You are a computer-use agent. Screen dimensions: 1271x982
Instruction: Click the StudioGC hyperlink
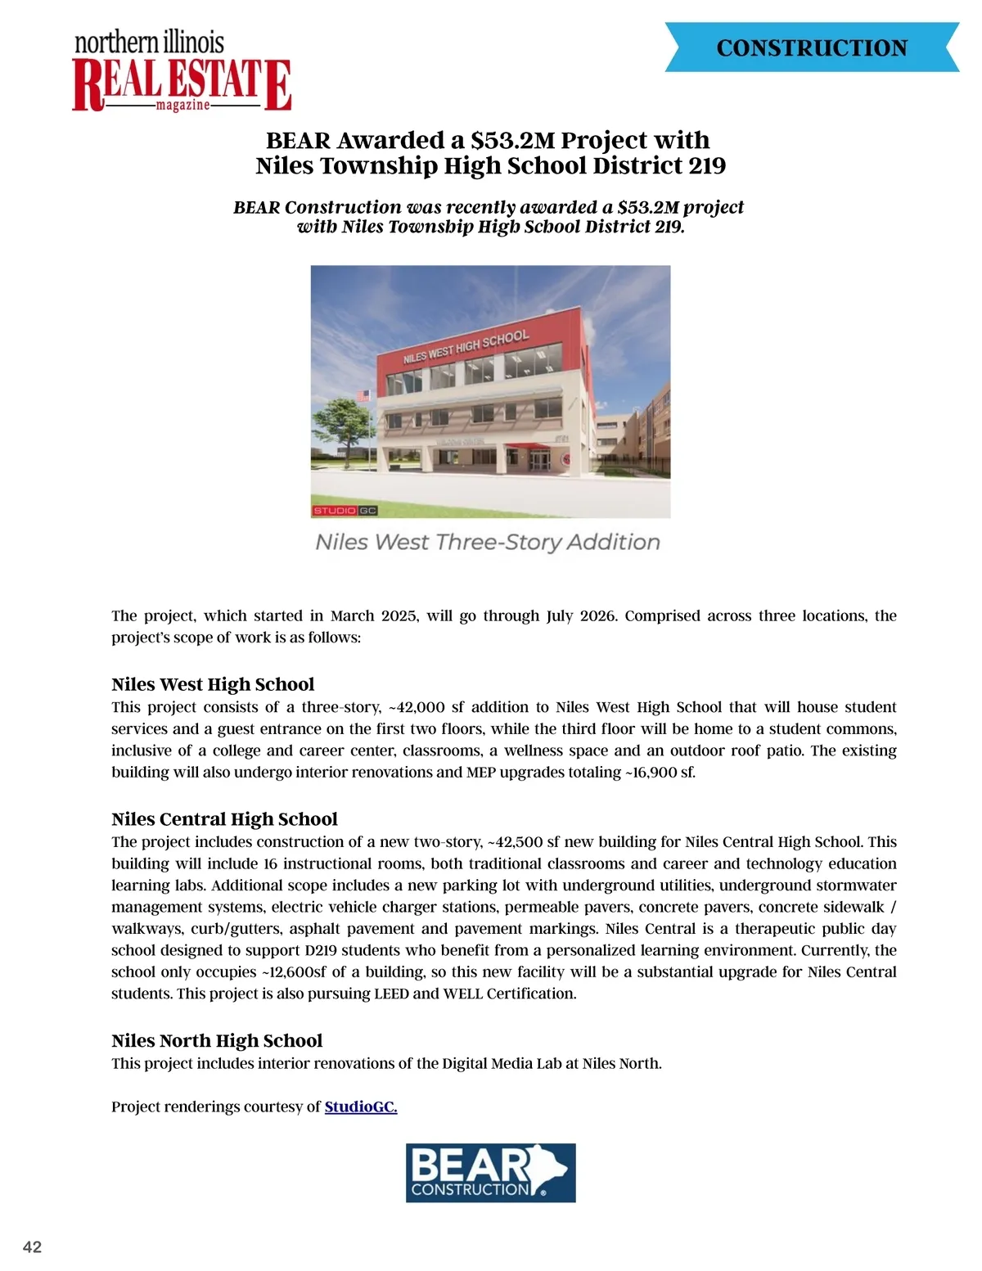point(361,1107)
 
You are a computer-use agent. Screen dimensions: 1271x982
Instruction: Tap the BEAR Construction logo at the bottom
point(491,1173)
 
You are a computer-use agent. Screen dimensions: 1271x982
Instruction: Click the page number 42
point(33,1247)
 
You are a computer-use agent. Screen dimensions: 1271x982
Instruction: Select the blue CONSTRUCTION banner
point(812,47)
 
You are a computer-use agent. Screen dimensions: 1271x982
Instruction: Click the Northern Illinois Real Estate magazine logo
point(182,73)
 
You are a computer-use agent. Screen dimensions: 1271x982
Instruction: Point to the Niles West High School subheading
point(213,685)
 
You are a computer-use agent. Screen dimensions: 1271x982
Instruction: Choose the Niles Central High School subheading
point(224,820)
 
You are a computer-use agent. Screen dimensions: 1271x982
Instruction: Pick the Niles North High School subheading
point(217,1041)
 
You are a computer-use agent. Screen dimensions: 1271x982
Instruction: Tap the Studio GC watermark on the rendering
point(345,511)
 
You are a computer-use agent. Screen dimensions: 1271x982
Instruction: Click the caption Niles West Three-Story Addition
point(488,543)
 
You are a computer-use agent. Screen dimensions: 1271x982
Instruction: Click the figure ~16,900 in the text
point(654,773)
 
